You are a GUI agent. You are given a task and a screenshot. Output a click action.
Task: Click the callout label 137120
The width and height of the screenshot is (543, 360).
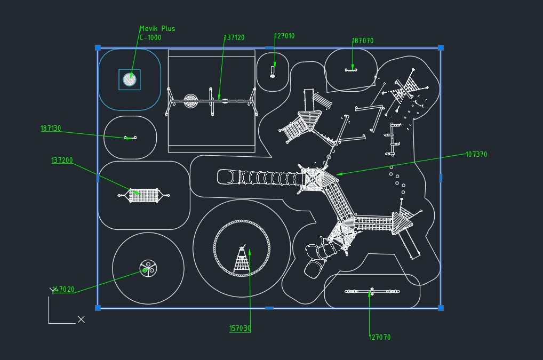(x=234, y=38)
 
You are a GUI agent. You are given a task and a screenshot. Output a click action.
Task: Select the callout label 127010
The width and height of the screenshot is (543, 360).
(x=284, y=36)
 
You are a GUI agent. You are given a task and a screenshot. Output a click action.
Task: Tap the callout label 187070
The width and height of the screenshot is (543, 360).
(x=363, y=41)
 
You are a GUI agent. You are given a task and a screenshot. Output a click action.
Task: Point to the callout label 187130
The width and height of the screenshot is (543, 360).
(x=51, y=129)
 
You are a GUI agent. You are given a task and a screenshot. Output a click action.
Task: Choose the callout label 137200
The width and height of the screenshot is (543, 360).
(x=62, y=161)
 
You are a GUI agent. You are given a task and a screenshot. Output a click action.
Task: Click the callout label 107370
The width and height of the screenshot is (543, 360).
(x=476, y=155)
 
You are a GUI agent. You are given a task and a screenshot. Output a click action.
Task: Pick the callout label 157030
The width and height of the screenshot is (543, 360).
(x=240, y=329)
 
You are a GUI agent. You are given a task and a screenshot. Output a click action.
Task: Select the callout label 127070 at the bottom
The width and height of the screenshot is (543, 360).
(x=380, y=337)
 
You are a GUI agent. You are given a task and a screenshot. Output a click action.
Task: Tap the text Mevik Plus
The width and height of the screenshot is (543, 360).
(x=157, y=29)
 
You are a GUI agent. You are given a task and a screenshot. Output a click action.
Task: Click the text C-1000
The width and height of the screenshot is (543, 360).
(x=150, y=38)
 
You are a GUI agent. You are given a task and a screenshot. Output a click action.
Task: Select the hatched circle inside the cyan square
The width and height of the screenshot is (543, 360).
(x=130, y=79)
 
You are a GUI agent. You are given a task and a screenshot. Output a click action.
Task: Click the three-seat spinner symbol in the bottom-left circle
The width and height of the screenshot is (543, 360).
(x=148, y=268)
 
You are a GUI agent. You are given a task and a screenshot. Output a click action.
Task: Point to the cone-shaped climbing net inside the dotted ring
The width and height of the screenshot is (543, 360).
(x=242, y=261)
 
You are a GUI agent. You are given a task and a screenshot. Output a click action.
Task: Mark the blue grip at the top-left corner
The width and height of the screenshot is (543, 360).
(x=98, y=48)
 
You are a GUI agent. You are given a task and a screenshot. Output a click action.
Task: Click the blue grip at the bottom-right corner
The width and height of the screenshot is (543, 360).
(x=441, y=308)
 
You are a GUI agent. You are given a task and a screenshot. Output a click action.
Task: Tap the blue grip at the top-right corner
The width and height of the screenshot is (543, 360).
(x=441, y=48)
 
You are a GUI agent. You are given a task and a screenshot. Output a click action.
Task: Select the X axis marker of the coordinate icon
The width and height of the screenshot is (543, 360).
(x=81, y=319)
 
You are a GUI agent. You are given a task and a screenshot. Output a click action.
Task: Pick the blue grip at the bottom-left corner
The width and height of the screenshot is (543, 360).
(x=98, y=308)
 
